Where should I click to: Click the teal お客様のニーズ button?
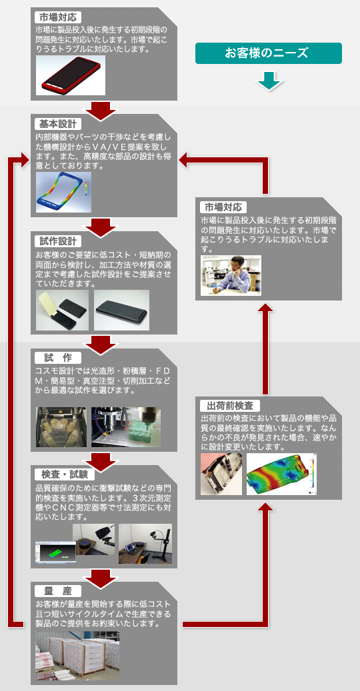pos(269,53)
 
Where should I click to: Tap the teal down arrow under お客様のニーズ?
pos(269,81)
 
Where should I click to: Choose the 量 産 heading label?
pos(57,590)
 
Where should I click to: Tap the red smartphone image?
pos(71,75)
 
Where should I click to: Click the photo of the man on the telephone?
pos(231,275)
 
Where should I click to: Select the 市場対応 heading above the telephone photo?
pos(223,207)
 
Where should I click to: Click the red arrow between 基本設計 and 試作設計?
pos(102,225)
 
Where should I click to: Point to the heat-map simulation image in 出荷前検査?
pos(281,474)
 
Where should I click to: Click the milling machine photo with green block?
pos(126,427)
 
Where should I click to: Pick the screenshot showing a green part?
pos(55,551)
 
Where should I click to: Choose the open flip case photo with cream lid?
pos(62,311)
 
